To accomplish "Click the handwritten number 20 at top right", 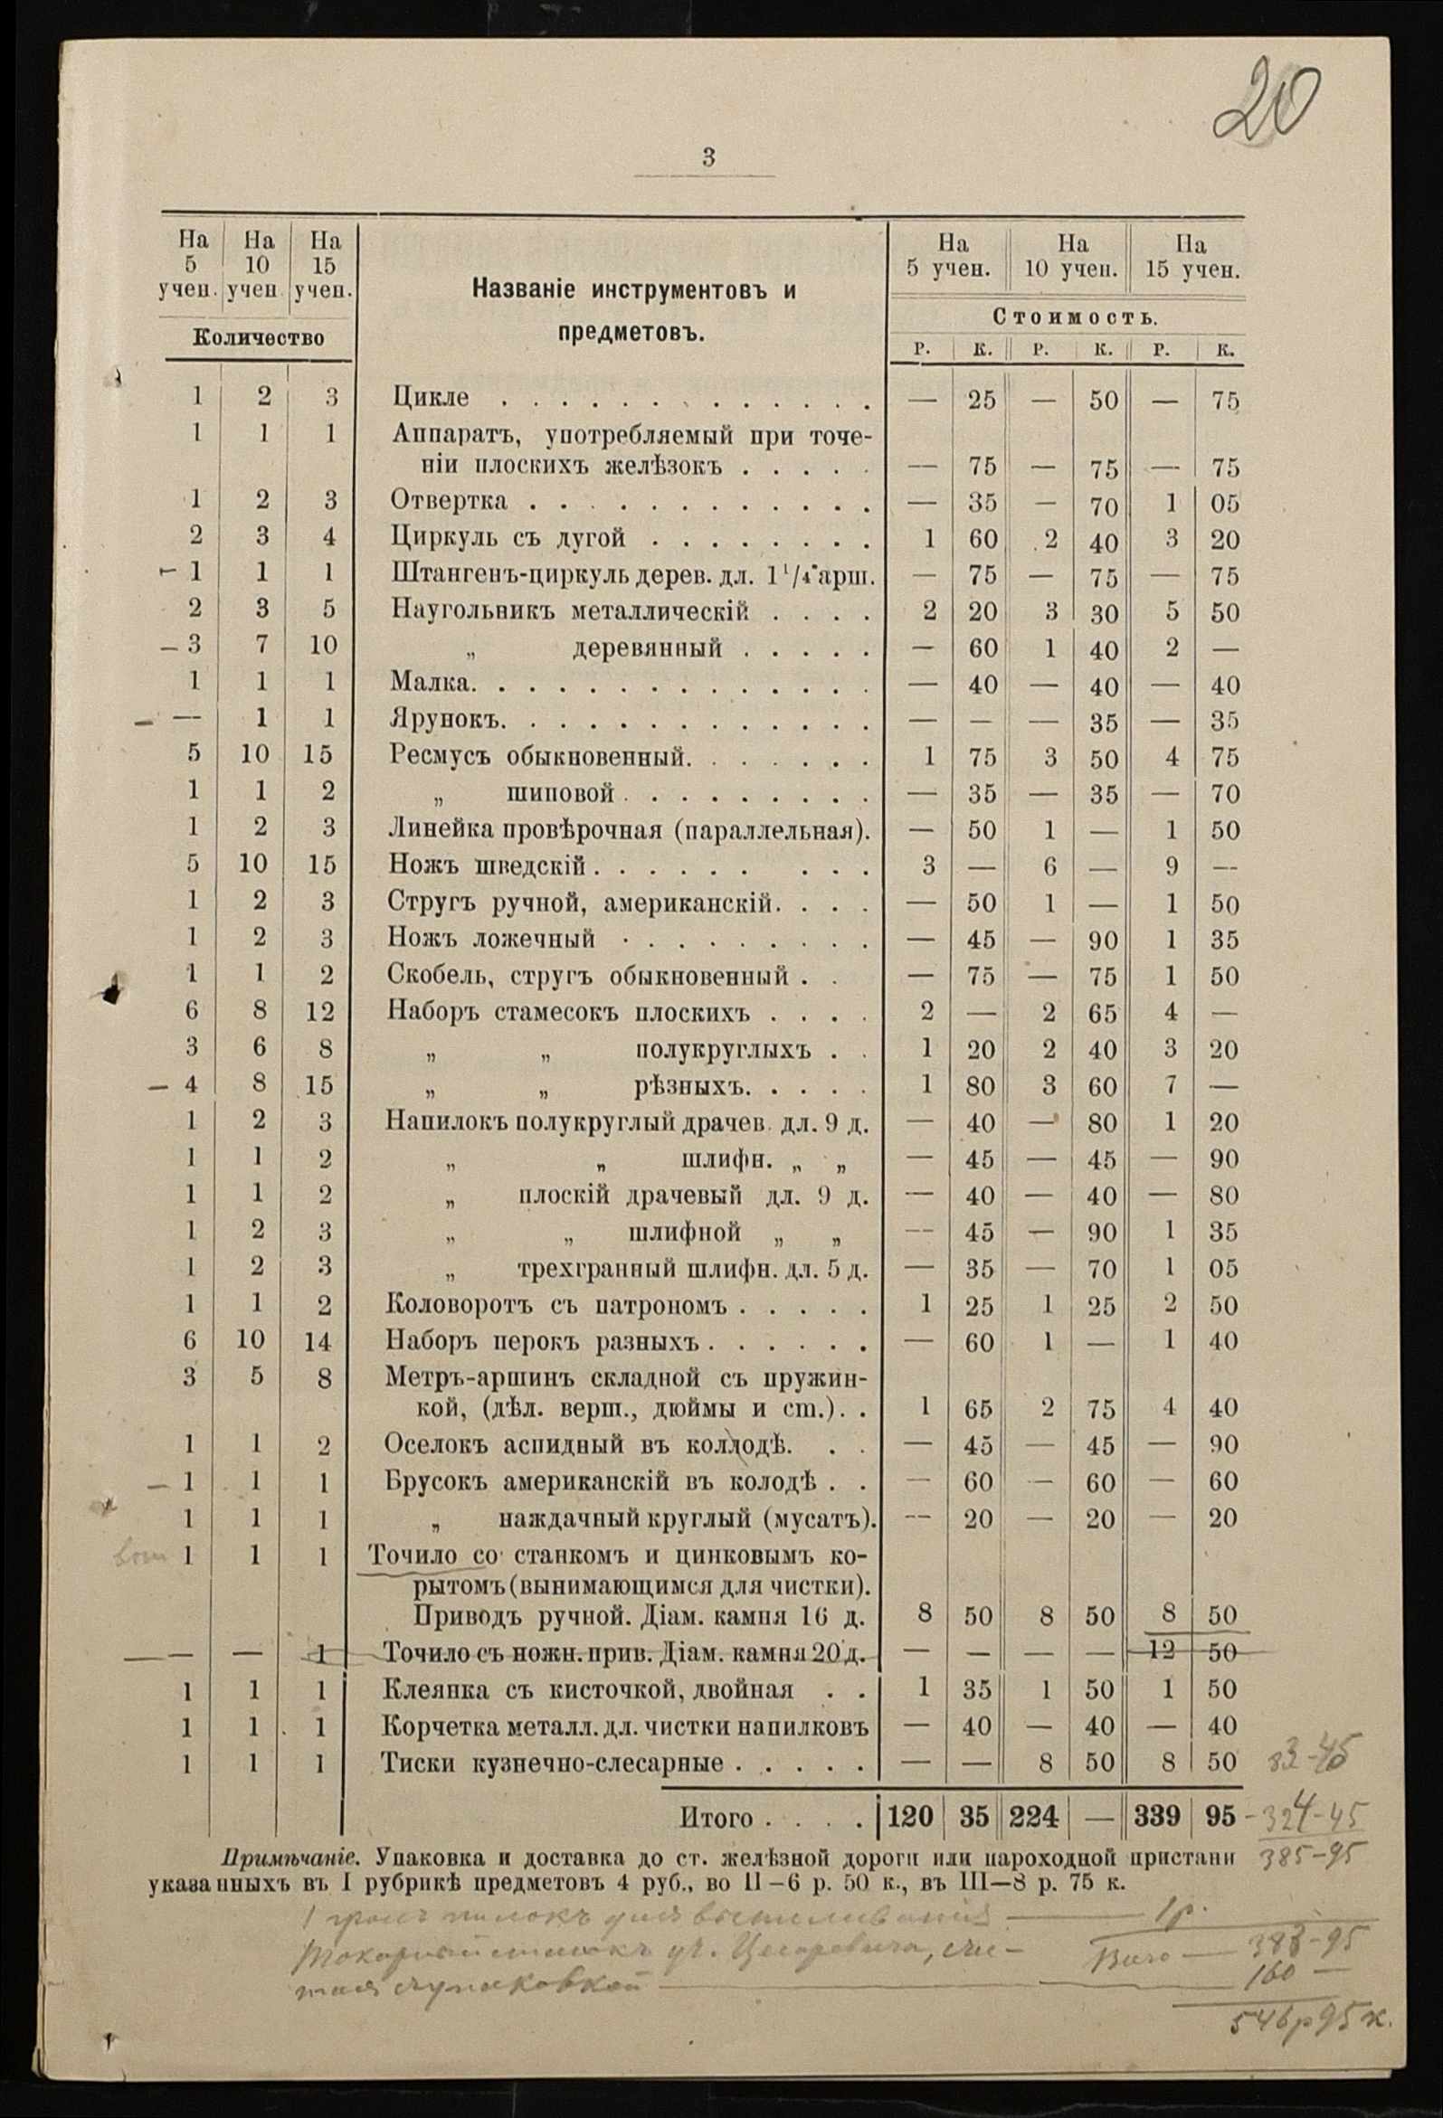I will pyautogui.click(x=1267, y=99).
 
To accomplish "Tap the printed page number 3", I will pyautogui.click(x=708, y=157).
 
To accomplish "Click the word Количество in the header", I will pyautogui.click(x=259, y=338).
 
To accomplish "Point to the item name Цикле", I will pyautogui.click(x=432, y=398).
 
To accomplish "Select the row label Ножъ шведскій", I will pyautogui.click(x=487, y=865).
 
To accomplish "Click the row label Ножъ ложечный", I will pyautogui.click(x=491, y=938).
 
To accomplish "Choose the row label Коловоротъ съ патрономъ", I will pyautogui.click(x=556, y=1305).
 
